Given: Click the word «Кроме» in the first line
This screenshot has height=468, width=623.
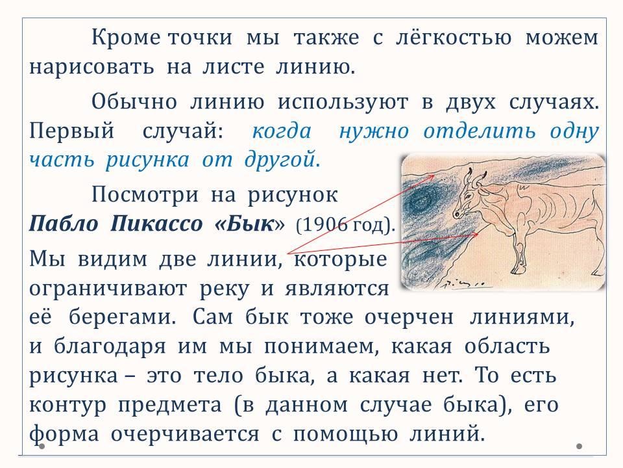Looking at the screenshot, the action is [126, 38].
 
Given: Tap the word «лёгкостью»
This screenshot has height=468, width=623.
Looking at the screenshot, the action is [454, 38].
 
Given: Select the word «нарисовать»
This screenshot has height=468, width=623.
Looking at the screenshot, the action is [92, 67].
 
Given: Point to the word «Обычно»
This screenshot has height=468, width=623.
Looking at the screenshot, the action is [134, 102].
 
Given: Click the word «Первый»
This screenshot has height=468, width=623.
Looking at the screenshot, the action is [72, 131].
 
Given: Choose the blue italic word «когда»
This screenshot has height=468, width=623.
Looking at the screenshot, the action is [281, 131].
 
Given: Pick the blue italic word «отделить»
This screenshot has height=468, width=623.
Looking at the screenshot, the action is [479, 131].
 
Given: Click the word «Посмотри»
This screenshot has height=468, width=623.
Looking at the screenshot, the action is [145, 195].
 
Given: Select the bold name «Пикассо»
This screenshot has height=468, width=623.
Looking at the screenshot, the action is [156, 224].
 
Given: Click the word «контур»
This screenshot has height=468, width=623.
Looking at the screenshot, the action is [68, 405].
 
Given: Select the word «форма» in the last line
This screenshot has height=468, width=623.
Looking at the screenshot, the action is [64, 434].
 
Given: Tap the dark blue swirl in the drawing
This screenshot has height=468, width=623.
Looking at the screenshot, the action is [424, 199].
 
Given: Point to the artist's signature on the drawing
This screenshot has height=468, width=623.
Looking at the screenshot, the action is [463, 283].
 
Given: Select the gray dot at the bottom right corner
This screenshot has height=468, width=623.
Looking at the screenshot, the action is [579, 446].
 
